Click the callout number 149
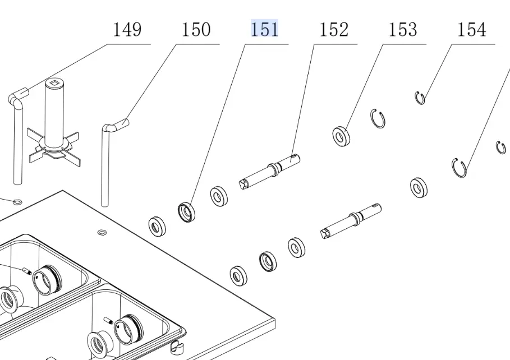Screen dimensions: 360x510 pos(127,29)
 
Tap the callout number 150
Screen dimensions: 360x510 pos(195,29)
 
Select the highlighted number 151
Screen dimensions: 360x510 pos(264,29)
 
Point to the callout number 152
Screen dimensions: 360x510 pos(334,29)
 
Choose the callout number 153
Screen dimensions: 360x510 pos(403,29)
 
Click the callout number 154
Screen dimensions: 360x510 pos(472,29)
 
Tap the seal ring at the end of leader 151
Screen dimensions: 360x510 pos(187,212)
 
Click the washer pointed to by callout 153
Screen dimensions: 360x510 pos(340,136)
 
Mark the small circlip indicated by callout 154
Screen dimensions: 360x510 pos(420,98)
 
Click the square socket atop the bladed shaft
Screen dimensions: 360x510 pos(54,85)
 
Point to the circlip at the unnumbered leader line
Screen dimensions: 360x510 pos(460,167)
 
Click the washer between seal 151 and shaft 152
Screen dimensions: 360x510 pos(219,196)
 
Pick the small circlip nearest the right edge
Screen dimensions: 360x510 pos(501,147)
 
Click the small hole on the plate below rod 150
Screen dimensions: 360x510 pos(102,232)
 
